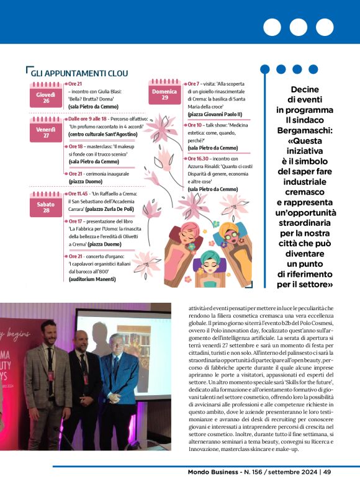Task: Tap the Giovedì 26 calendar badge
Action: pos(46,97)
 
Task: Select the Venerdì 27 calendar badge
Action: pos(46,132)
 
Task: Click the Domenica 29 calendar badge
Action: pos(164,94)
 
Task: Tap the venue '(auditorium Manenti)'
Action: pos(93,280)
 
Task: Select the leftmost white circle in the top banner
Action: pos(272,27)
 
